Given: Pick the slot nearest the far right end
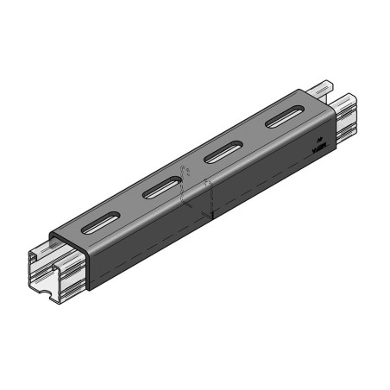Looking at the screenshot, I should pos(282,118).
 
